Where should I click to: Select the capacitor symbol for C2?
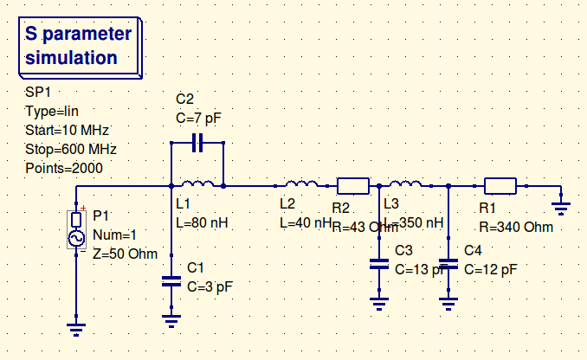pyautogui.click(x=197, y=141)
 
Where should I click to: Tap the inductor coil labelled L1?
pyautogui.click(x=197, y=184)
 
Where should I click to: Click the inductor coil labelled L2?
pyautogui.click(x=300, y=184)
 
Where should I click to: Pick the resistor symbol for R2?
pyautogui.click(x=352, y=185)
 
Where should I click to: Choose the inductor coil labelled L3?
pyautogui.click(x=405, y=184)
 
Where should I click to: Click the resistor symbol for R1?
pyautogui.click(x=500, y=185)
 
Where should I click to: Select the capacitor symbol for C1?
pyautogui.click(x=171, y=281)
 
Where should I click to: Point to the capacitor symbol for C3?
pyautogui.click(x=379, y=264)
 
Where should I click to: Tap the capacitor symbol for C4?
pyautogui.click(x=448, y=264)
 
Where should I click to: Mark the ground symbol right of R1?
pyautogui.click(x=561, y=206)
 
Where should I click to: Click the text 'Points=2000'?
pyautogui.click(x=65, y=167)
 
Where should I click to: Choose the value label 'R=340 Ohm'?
pyautogui.click(x=515, y=228)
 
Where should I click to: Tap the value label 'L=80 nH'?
pyautogui.click(x=202, y=222)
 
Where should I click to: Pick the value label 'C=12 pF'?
pyautogui.click(x=490, y=269)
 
